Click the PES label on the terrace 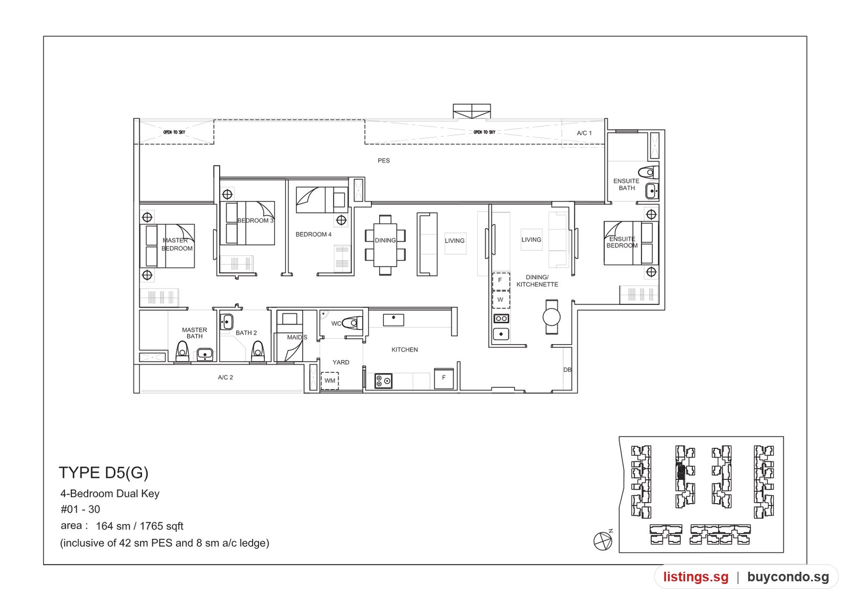tap(383, 161)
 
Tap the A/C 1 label tap(585, 133)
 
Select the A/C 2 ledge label tap(226, 377)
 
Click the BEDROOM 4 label tap(313, 235)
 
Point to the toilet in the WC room tap(352, 323)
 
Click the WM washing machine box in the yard tap(330, 380)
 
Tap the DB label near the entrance tap(567, 370)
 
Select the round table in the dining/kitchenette tap(551, 317)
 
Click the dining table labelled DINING tap(385, 245)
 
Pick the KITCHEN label tap(405, 349)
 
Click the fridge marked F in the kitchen tap(444, 378)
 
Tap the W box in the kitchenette tap(500, 300)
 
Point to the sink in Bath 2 tap(227, 322)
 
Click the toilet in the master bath tap(182, 352)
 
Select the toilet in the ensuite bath tap(648, 172)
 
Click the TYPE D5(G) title tap(104, 473)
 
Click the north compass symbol tap(603, 540)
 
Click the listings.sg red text tap(696, 577)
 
